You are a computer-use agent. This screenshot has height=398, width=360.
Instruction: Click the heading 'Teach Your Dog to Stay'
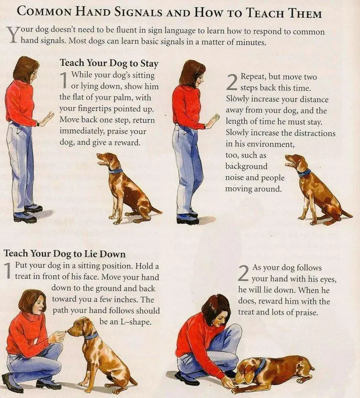tap(109, 63)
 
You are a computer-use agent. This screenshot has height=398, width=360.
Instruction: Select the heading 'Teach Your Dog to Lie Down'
tap(64, 254)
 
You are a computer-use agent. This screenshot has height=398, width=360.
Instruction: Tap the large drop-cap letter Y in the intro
tap(13, 35)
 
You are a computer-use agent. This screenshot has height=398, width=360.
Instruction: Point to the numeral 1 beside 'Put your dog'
tap(8, 270)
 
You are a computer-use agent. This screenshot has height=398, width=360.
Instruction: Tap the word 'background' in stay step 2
tap(246, 166)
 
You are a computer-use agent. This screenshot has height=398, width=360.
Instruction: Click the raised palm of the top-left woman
tap(48, 117)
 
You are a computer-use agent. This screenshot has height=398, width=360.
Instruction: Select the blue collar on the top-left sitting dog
tap(115, 170)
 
